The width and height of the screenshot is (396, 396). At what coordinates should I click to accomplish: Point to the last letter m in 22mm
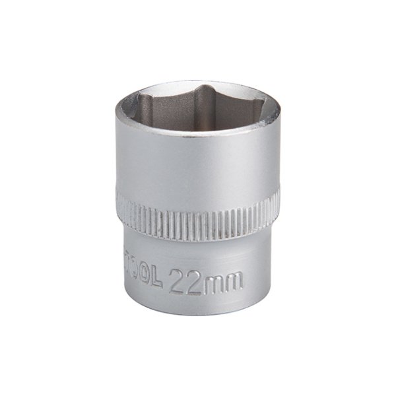(x=233, y=271)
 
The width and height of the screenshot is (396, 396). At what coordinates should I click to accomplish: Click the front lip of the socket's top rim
(x=198, y=140)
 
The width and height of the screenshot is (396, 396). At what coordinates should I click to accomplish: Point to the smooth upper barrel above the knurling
(x=198, y=172)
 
